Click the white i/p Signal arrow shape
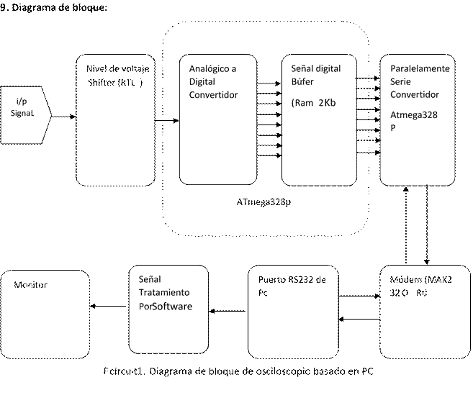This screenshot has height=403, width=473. (x=25, y=114)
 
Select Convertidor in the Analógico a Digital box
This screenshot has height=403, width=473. (x=213, y=95)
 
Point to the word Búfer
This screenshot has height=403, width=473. (x=303, y=82)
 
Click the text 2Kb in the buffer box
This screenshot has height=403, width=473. (x=327, y=103)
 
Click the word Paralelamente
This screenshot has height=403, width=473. (x=420, y=68)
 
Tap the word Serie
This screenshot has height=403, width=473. (x=400, y=82)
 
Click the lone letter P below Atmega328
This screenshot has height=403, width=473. (x=393, y=128)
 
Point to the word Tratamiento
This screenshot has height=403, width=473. (x=165, y=294)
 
